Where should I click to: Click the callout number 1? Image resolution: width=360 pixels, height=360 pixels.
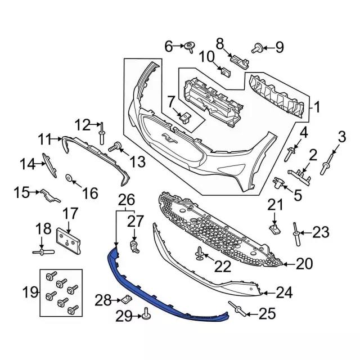click(317, 106)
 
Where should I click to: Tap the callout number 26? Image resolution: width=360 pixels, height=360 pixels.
click(127, 199)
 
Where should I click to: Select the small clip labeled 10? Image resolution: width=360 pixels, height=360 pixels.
click(226, 72)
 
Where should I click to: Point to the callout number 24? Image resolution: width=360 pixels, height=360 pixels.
click(284, 292)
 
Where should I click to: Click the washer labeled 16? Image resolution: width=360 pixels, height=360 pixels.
click(69, 179)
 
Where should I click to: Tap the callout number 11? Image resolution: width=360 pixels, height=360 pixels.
click(45, 137)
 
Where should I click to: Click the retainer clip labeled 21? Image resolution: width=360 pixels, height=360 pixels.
click(274, 228)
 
